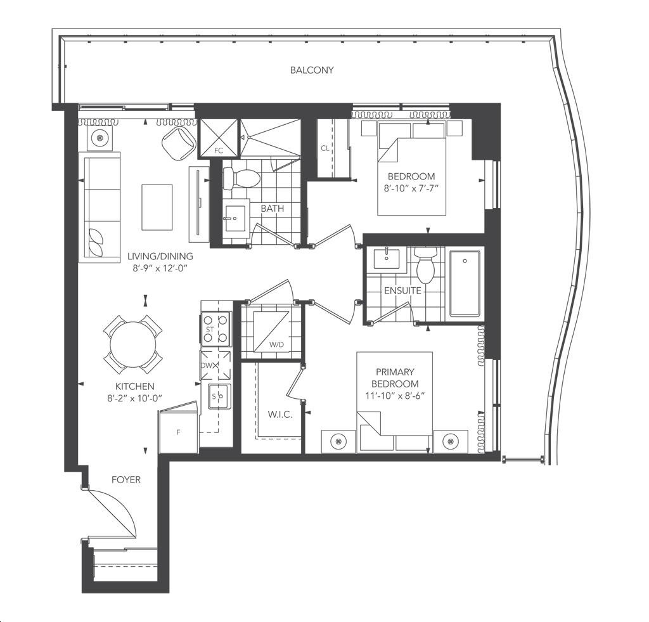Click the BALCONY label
(312, 70)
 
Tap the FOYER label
(125, 480)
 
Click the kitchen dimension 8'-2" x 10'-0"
(134, 398)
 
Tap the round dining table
(133, 345)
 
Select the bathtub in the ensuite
(465, 283)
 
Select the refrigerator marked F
(179, 432)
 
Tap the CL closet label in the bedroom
(325, 148)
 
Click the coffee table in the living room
(157, 207)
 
